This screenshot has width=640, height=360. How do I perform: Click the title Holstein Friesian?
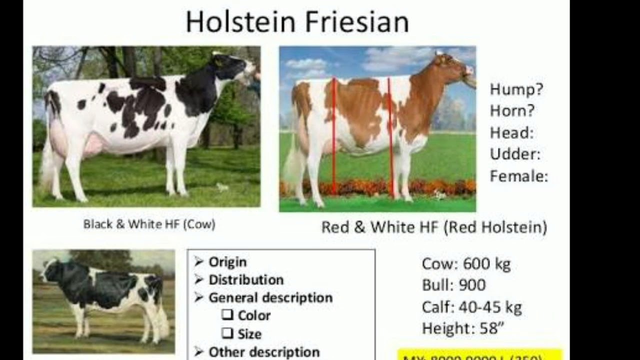(x=297, y=22)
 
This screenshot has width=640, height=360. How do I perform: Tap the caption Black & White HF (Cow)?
(x=149, y=224)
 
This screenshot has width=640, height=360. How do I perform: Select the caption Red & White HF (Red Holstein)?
(x=434, y=227)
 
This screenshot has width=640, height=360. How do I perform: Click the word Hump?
(x=516, y=90)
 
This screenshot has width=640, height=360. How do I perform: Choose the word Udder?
(x=515, y=154)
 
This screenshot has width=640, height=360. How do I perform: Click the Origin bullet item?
(x=227, y=262)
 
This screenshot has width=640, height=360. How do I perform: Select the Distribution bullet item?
(x=245, y=280)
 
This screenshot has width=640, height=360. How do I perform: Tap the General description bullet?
(x=270, y=298)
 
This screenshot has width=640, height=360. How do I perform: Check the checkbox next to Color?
(x=227, y=315)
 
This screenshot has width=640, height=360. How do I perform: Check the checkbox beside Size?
(x=227, y=333)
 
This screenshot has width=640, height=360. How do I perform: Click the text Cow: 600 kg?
(x=466, y=264)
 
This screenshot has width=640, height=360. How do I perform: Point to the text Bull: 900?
(x=453, y=285)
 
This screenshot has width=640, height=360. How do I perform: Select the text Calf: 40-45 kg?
(x=471, y=307)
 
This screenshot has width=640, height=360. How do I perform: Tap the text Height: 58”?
(x=461, y=328)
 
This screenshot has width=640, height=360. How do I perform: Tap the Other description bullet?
(x=263, y=352)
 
